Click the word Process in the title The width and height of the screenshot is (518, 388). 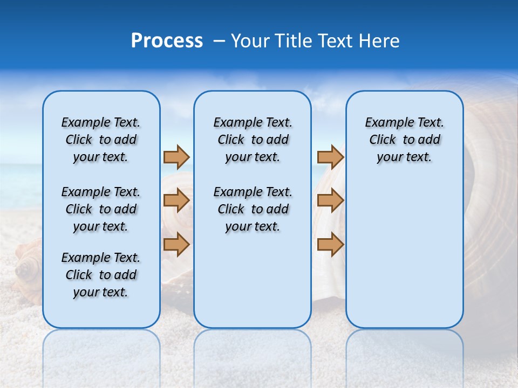tap(167, 41)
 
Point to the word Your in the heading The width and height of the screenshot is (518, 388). tap(251, 41)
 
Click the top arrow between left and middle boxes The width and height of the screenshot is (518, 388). tap(176, 157)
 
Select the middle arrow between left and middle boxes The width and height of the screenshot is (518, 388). tap(176, 200)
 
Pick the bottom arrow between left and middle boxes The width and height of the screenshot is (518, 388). tap(176, 244)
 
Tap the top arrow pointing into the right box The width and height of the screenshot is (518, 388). tap(330, 157)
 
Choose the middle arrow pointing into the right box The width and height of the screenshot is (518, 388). tap(330, 200)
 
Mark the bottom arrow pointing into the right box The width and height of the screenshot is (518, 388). tap(330, 244)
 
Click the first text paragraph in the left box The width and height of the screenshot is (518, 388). tap(101, 140)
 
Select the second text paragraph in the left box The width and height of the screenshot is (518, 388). tap(101, 209)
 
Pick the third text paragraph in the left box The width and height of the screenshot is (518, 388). tap(101, 275)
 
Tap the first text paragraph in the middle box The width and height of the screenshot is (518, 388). tap(253, 140)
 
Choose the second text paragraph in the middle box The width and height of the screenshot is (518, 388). tap(253, 209)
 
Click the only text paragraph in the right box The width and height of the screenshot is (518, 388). tap(404, 140)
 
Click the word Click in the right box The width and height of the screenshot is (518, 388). tap(383, 140)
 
